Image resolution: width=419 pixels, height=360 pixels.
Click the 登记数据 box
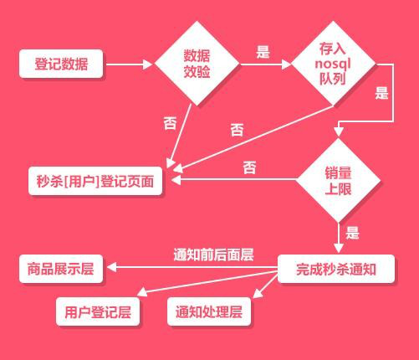click(61, 64)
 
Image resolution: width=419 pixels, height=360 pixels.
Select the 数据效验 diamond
click(197, 64)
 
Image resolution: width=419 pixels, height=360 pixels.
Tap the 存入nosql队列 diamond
click(334, 64)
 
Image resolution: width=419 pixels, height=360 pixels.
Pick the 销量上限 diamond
click(338, 180)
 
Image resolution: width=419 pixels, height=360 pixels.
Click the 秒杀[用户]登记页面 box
click(95, 181)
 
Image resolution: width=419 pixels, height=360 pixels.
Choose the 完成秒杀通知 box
click(336, 269)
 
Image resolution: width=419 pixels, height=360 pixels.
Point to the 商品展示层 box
click(61, 269)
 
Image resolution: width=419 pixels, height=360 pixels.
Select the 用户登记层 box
click(98, 311)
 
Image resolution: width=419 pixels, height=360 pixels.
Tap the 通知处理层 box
click(209, 311)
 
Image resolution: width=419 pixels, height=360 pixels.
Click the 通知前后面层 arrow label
click(213, 255)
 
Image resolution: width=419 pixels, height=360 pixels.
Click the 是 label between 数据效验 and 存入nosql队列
click(263, 52)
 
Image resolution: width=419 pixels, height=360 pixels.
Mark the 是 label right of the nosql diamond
click(381, 93)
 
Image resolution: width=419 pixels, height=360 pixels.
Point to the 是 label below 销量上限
click(352, 233)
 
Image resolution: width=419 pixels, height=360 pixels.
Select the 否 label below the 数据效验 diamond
click(170, 123)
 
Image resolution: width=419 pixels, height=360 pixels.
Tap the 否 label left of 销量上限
click(249, 167)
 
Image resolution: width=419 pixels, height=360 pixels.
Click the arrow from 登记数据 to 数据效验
click(130, 64)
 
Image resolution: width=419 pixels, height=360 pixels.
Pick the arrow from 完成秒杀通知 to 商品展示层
click(192, 267)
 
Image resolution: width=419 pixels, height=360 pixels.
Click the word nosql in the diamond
click(333, 64)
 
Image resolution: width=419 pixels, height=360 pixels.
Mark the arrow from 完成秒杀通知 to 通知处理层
click(265, 286)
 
